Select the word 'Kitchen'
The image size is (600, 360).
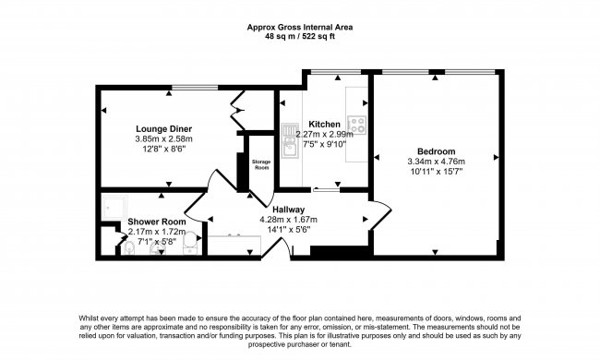[x=325, y=124]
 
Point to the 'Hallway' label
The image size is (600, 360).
[x=288, y=209]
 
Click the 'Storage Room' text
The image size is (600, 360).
[x=261, y=165]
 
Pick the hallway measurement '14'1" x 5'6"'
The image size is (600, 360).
[x=288, y=230]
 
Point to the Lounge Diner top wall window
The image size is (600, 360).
[x=188, y=87]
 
